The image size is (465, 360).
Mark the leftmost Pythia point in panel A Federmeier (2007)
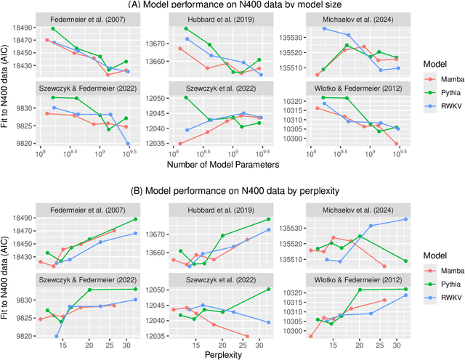pos(54,28)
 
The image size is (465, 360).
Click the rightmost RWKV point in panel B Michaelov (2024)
pos(405,219)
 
